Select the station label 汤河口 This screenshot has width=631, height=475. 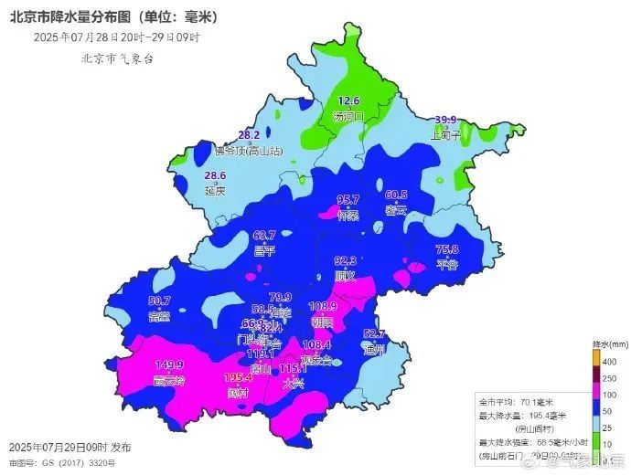(x=348, y=116)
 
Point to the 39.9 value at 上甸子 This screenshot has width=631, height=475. (x=445, y=120)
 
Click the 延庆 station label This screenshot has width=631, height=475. (x=215, y=192)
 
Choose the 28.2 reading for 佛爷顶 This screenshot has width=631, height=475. (x=250, y=135)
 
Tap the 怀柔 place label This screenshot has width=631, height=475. (x=348, y=216)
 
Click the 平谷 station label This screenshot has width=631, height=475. (x=446, y=265)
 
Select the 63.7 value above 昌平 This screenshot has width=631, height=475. (x=264, y=236)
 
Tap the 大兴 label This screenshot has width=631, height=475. (x=293, y=384)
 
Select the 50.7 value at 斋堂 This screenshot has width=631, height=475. (x=159, y=301)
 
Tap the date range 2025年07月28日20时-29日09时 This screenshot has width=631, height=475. (x=116, y=37)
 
